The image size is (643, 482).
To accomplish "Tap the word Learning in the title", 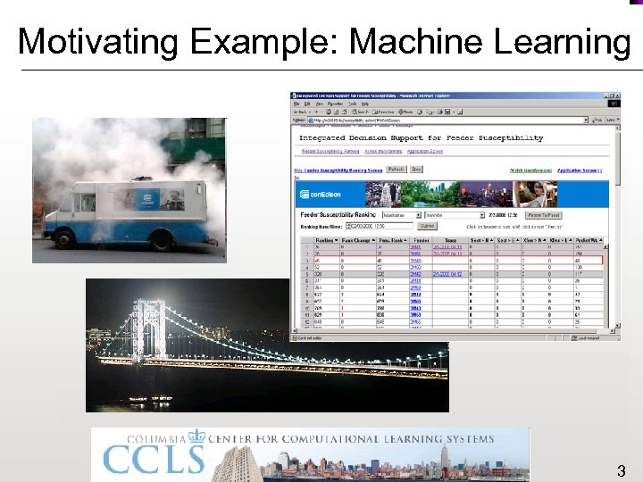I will click(559, 41).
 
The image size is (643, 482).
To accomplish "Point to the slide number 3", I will click(621, 470).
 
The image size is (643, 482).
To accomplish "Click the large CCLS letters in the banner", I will click(153, 460).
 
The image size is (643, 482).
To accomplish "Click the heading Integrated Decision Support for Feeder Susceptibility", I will click(420, 138).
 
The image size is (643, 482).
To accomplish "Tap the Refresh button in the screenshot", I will click(396, 169).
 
